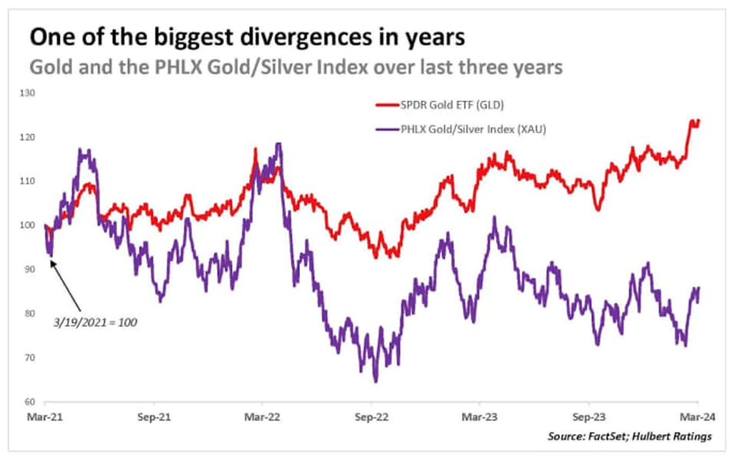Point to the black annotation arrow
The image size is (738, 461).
73,285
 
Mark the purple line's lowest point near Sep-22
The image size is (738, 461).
375,381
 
